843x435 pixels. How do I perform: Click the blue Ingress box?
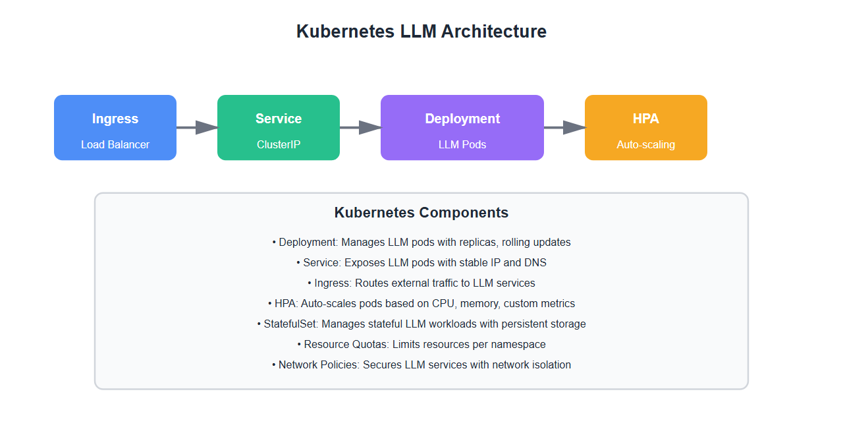point(115,127)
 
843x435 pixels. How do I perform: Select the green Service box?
point(279,127)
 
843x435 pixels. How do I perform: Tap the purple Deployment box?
point(462,127)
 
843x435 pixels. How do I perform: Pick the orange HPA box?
point(646,127)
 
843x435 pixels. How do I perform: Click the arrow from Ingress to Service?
point(197,127)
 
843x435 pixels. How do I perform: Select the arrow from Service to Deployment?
point(360,127)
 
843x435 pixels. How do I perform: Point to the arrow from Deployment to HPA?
point(564,127)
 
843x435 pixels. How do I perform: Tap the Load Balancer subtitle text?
point(115,144)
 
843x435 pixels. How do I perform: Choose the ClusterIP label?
point(279,144)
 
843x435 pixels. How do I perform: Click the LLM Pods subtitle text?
point(462,144)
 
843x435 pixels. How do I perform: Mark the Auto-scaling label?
point(646,144)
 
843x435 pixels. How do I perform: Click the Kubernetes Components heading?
point(421,213)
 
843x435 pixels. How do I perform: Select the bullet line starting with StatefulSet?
point(421,324)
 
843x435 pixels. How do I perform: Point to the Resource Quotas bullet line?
point(421,345)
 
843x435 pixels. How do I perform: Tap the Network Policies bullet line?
point(421,365)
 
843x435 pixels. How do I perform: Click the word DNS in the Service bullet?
point(535,263)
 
